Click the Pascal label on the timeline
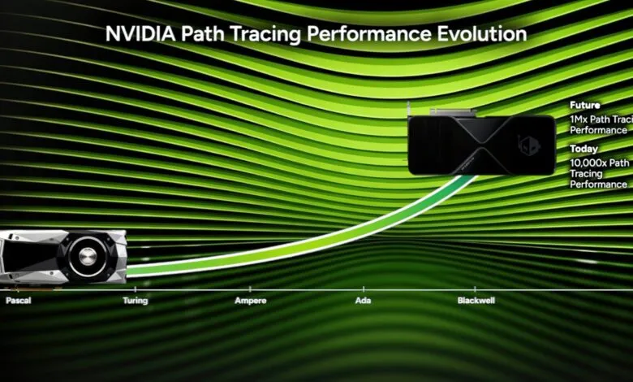click(18, 300)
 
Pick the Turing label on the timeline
click(134, 300)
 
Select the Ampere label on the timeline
click(251, 300)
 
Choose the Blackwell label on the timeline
click(476, 300)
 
